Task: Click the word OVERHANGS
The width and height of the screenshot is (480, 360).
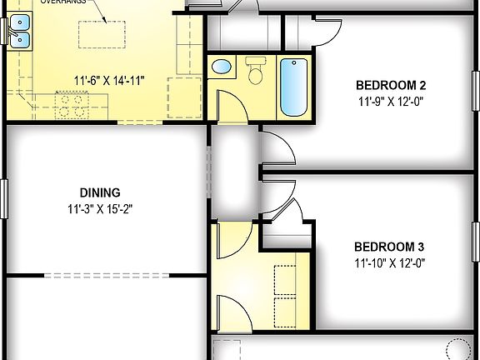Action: click(x=63, y=2)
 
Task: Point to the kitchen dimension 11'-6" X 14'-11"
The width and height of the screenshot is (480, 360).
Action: click(x=109, y=81)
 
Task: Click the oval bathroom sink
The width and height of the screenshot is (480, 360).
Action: click(x=222, y=67)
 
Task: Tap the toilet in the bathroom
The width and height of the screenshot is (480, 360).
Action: click(x=256, y=72)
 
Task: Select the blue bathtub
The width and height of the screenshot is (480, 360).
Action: click(x=293, y=87)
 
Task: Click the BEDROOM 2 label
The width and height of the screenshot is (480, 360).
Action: click(x=391, y=85)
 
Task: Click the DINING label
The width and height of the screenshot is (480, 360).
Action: click(x=100, y=192)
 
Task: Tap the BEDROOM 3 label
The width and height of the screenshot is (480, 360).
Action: click(x=389, y=247)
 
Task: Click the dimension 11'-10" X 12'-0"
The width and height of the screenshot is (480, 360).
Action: click(x=389, y=263)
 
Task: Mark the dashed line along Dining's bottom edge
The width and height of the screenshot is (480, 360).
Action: click(x=108, y=274)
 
